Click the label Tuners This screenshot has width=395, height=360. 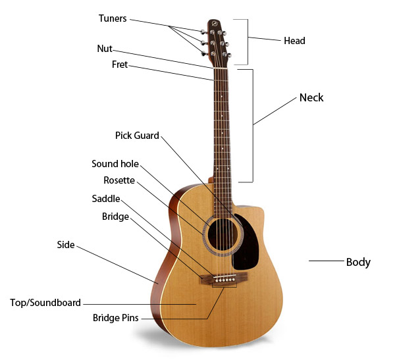[113, 18]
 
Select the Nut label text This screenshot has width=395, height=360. [105, 48]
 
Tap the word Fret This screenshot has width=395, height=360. [120, 64]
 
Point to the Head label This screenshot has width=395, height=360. [294, 41]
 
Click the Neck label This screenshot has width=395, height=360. [311, 98]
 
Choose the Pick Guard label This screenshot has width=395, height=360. [137, 136]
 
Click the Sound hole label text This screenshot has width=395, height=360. [115, 164]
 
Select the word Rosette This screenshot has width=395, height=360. [119, 180]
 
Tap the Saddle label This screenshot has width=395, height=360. [106, 199]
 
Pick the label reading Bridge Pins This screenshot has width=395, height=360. [116, 318]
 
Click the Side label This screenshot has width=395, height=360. [66, 245]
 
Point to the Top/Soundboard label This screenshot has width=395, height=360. [45, 303]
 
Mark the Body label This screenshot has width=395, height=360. [358, 262]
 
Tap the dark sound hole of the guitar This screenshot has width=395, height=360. [223, 235]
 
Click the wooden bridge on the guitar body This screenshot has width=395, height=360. [223, 278]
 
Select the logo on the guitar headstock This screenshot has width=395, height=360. [215, 24]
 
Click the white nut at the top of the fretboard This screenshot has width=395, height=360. [221, 68]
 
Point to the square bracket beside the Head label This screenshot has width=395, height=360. [248, 42]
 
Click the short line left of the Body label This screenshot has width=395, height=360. [327, 261]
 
